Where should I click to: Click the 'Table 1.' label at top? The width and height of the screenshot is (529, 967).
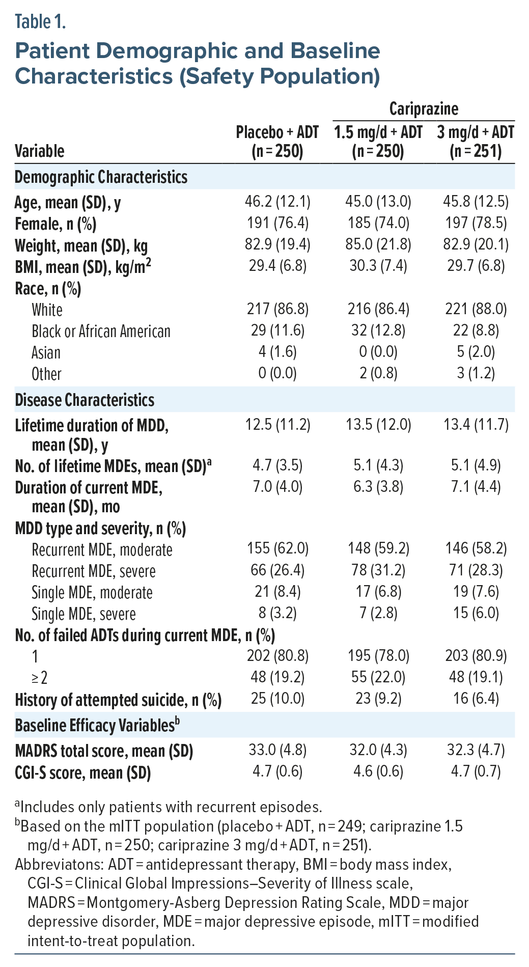tap(40, 22)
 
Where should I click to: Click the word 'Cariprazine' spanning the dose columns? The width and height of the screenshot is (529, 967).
tap(424, 109)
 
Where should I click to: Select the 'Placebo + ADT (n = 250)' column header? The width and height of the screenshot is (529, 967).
tap(277, 142)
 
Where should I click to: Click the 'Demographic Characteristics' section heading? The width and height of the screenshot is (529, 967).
tap(101, 177)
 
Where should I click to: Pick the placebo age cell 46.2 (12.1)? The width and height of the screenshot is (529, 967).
tap(277, 202)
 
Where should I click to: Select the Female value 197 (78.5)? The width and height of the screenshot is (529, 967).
tap(476, 223)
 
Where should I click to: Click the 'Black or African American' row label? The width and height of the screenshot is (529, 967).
tap(101, 331)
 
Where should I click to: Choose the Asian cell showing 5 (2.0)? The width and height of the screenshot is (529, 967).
tap(476, 352)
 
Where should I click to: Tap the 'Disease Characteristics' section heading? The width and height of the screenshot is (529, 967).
tap(85, 400)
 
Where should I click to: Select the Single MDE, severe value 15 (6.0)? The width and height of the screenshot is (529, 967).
tap(476, 613)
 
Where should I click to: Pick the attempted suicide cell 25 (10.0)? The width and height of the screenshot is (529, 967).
tap(277, 699)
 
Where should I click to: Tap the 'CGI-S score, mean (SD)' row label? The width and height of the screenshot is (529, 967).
tap(83, 773)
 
